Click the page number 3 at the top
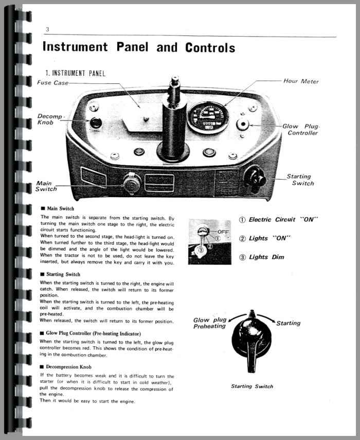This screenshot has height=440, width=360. click(x=47, y=29)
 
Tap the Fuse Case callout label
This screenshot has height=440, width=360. click(x=51, y=82)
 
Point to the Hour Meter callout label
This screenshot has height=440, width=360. click(x=301, y=81)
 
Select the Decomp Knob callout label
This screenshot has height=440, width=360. click(x=49, y=119)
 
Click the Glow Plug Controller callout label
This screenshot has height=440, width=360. click(x=303, y=130)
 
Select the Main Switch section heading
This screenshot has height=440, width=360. click(x=60, y=208)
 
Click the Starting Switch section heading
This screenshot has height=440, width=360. click(x=63, y=274)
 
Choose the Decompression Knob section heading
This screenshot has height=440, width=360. click(x=67, y=366)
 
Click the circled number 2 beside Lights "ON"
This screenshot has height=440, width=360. click(x=243, y=238)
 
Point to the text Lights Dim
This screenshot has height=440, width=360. click(x=266, y=257)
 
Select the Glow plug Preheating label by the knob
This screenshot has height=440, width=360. click(x=210, y=323)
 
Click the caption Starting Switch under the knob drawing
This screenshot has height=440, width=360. click(x=252, y=386)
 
